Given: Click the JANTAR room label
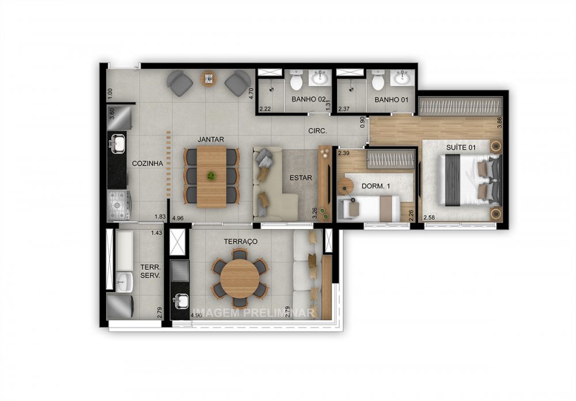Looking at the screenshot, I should coord(210,140).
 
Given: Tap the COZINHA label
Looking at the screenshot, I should coord(147,163).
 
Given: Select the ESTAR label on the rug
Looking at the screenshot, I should coord(301,178).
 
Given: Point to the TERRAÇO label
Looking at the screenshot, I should coord(241,241).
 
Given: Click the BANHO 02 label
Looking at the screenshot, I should coord(308,100).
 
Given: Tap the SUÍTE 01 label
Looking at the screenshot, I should coord(461,148).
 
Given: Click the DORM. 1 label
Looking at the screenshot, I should coord(377,186).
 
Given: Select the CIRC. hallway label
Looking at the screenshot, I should coord(317,131).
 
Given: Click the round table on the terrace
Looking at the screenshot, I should coord(240,278).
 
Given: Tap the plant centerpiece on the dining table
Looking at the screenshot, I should coord(212,175).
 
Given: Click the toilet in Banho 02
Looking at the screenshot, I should coord(296,81).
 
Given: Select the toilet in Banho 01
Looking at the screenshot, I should coord(378,81).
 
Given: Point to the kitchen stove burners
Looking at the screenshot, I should coord(119,203).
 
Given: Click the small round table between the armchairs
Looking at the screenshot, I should coord(208,78).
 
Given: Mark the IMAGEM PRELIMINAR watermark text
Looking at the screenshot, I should coord(253,313).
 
